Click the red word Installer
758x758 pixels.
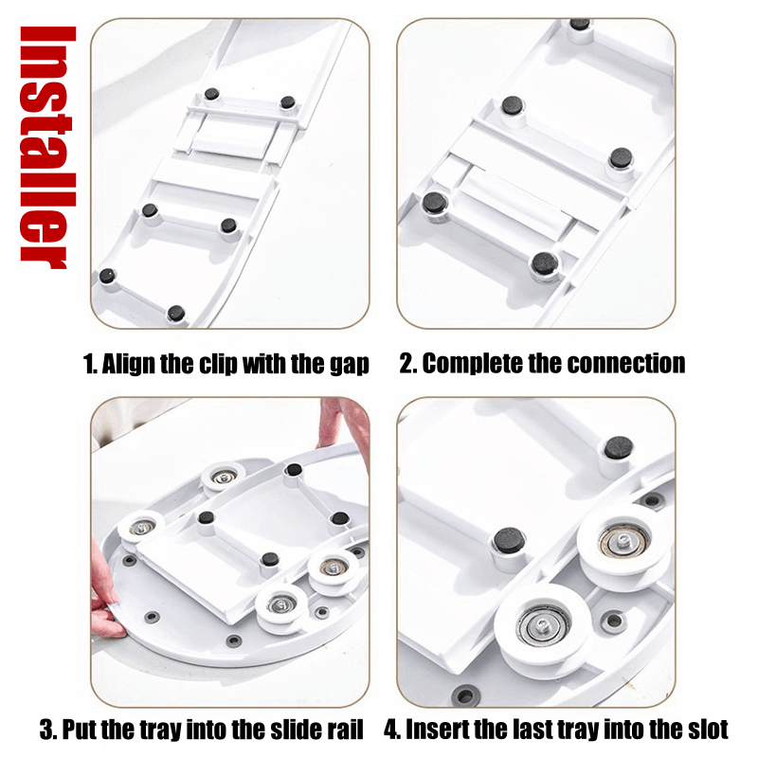point(47,148)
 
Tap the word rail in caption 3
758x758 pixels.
point(347,730)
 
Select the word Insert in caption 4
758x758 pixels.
point(431,730)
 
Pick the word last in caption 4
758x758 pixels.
point(532,730)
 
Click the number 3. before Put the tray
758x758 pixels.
point(49,730)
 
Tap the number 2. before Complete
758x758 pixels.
point(408,364)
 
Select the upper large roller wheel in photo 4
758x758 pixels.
point(623,543)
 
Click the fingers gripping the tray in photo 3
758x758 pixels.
point(106,595)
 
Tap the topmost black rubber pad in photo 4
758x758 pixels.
point(619,448)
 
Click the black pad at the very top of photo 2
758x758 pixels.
point(579,24)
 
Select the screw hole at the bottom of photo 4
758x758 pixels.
point(465,696)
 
